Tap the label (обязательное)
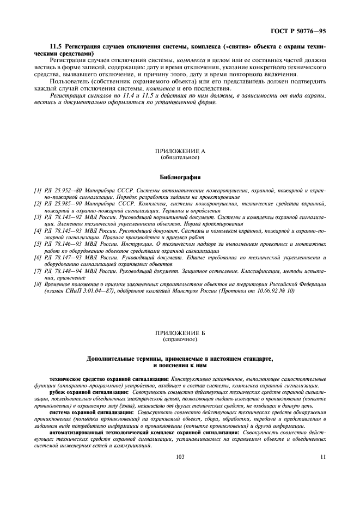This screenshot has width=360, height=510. [180, 157]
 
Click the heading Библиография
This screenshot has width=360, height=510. [180, 177]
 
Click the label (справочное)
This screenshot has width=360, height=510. [180, 339]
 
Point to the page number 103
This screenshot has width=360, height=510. [180, 457]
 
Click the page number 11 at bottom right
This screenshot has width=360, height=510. [322, 457]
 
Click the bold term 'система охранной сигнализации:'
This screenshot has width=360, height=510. [92, 412]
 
